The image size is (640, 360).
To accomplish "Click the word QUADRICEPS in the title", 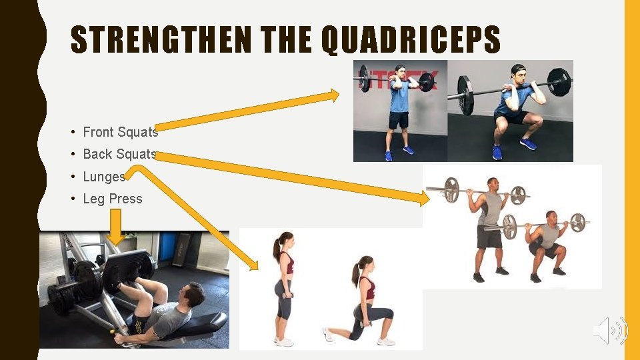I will pos(411,41).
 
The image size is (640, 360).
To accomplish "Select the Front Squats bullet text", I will pos(120,132).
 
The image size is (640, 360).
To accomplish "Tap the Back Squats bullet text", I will pos(119,154).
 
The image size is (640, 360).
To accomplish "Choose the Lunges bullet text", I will pos(103,177).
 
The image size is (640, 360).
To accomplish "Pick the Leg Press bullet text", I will pos(112,199).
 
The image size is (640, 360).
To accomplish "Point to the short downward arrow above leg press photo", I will pos(115,227).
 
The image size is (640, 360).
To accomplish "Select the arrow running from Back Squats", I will pos(293,175).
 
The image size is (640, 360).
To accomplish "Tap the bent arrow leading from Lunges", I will pos(193,213).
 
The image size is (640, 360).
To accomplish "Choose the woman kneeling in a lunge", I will pos(363,303).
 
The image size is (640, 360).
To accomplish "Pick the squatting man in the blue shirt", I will pos(513,113).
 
